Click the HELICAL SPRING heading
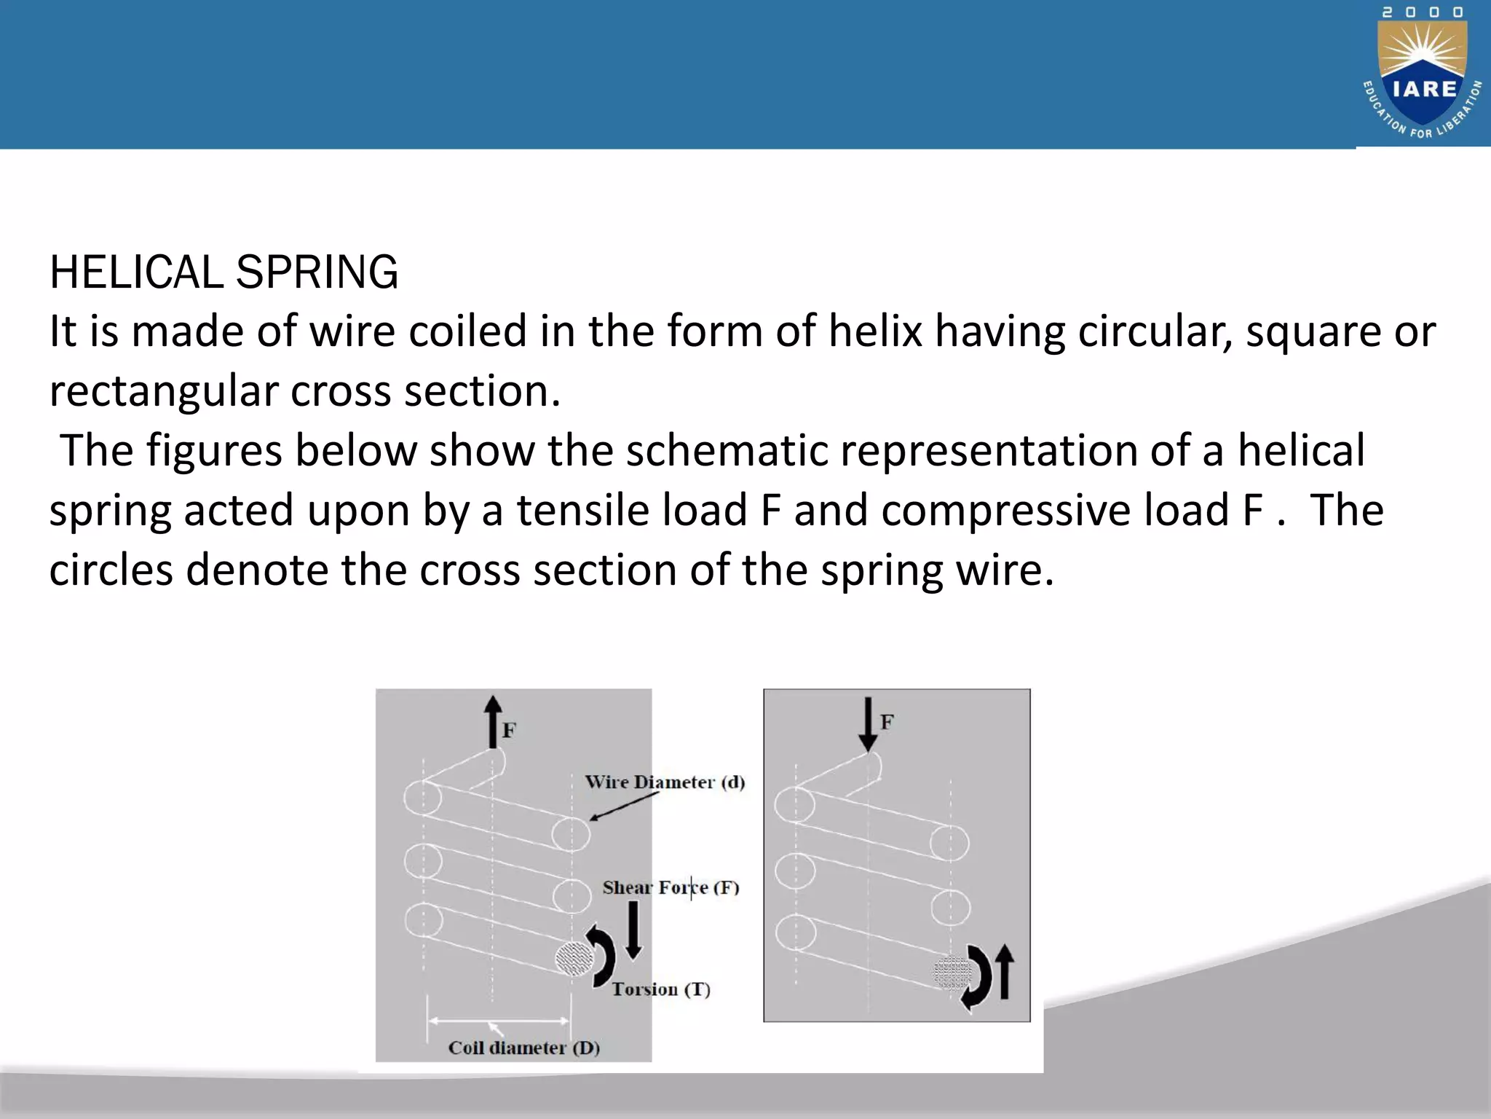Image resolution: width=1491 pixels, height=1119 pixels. [x=224, y=272]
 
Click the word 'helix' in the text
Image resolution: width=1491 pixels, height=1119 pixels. [x=876, y=331]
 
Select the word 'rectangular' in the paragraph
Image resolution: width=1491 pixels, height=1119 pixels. [x=164, y=391]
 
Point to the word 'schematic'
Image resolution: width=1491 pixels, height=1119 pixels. [x=727, y=451]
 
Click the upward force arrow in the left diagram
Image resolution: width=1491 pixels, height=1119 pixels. [x=493, y=721]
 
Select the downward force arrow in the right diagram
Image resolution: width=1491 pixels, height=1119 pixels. [x=868, y=723]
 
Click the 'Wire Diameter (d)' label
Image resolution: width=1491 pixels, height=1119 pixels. [x=665, y=782]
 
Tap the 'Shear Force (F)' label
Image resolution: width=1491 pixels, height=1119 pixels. [x=671, y=887]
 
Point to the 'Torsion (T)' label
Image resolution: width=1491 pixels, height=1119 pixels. [x=660, y=989]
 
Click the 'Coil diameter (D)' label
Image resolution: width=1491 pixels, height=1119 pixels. [x=523, y=1048]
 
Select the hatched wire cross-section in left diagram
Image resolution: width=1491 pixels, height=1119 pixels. [x=574, y=958]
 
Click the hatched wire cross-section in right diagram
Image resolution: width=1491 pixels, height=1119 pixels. [x=952, y=973]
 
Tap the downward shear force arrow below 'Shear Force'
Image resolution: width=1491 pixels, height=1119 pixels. [x=633, y=930]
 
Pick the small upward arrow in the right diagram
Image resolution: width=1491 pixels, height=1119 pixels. [x=1004, y=971]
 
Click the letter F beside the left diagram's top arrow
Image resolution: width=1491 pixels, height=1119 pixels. [x=509, y=730]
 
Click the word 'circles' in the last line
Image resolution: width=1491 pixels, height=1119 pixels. [x=111, y=570]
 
